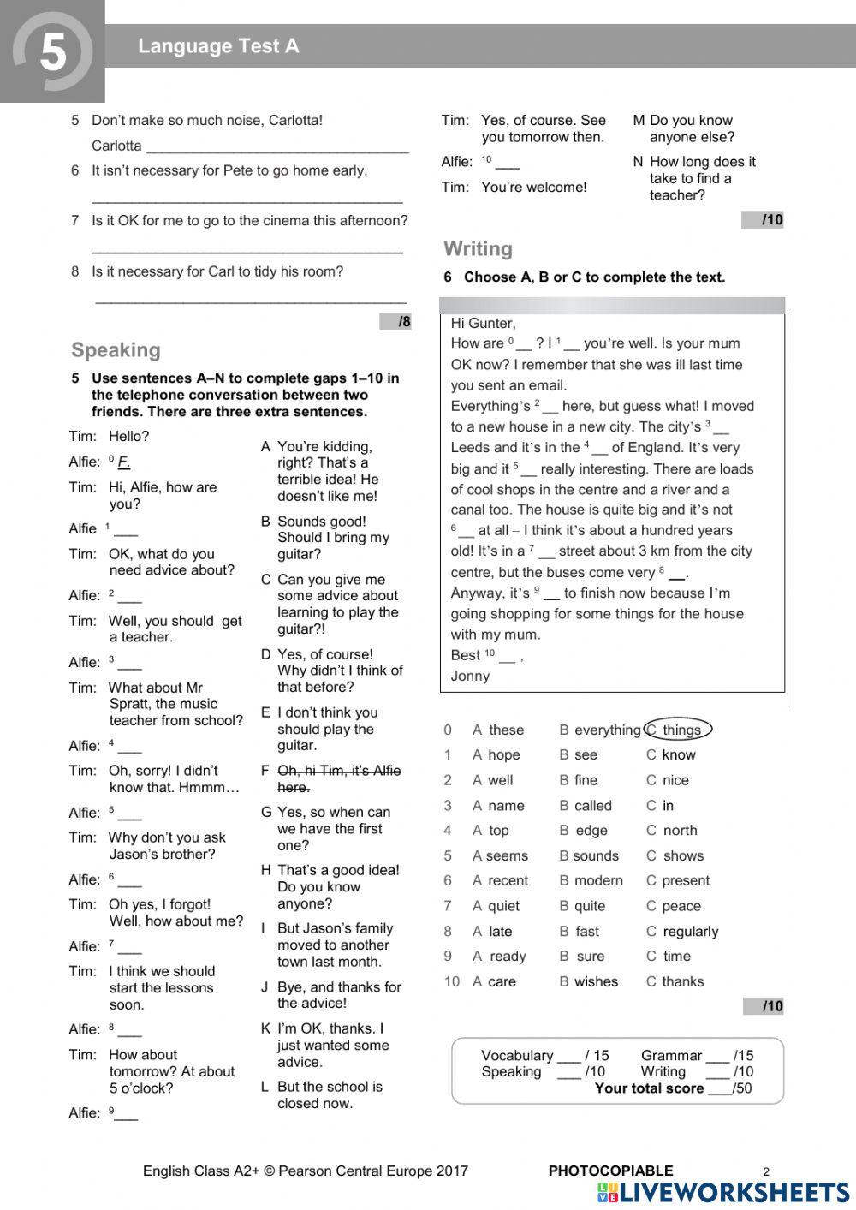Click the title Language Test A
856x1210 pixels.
pos(218,46)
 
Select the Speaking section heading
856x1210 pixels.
pos(116,349)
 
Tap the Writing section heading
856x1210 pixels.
pos(478,249)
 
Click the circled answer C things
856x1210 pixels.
pos(677,730)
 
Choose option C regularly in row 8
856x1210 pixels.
pos(682,932)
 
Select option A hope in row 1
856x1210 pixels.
pos(496,755)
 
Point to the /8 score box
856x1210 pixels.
pos(395,322)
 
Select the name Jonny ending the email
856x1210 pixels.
pos(470,676)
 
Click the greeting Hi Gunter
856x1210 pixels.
pos(483,323)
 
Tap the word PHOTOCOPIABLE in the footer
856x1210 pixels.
pos(610,1171)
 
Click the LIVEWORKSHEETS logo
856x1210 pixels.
pos(723,1193)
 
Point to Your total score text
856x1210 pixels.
pos(649,1088)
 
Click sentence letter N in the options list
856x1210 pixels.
pos(638,162)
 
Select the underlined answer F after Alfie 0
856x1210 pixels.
pos(123,462)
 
